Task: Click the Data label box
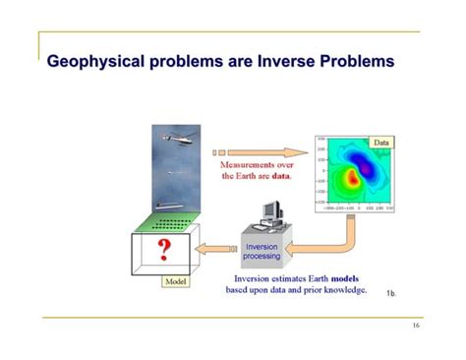pyautogui.click(x=380, y=144)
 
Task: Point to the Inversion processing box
pyautogui.click(x=262, y=251)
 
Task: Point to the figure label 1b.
pyautogui.click(x=390, y=293)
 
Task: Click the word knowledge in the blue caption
pyautogui.click(x=343, y=290)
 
